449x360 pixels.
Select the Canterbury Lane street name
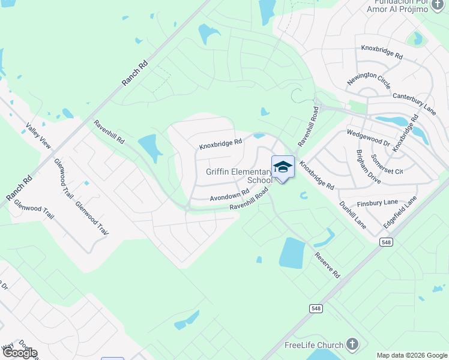[414, 100]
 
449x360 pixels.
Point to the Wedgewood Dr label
[369, 139]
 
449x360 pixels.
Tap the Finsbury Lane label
[378, 203]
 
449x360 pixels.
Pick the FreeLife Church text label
[314, 345]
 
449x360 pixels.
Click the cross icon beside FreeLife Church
[352, 345]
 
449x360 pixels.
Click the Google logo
[20, 353]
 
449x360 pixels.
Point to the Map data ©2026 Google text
[412, 355]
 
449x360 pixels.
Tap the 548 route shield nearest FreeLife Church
[316, 308]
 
